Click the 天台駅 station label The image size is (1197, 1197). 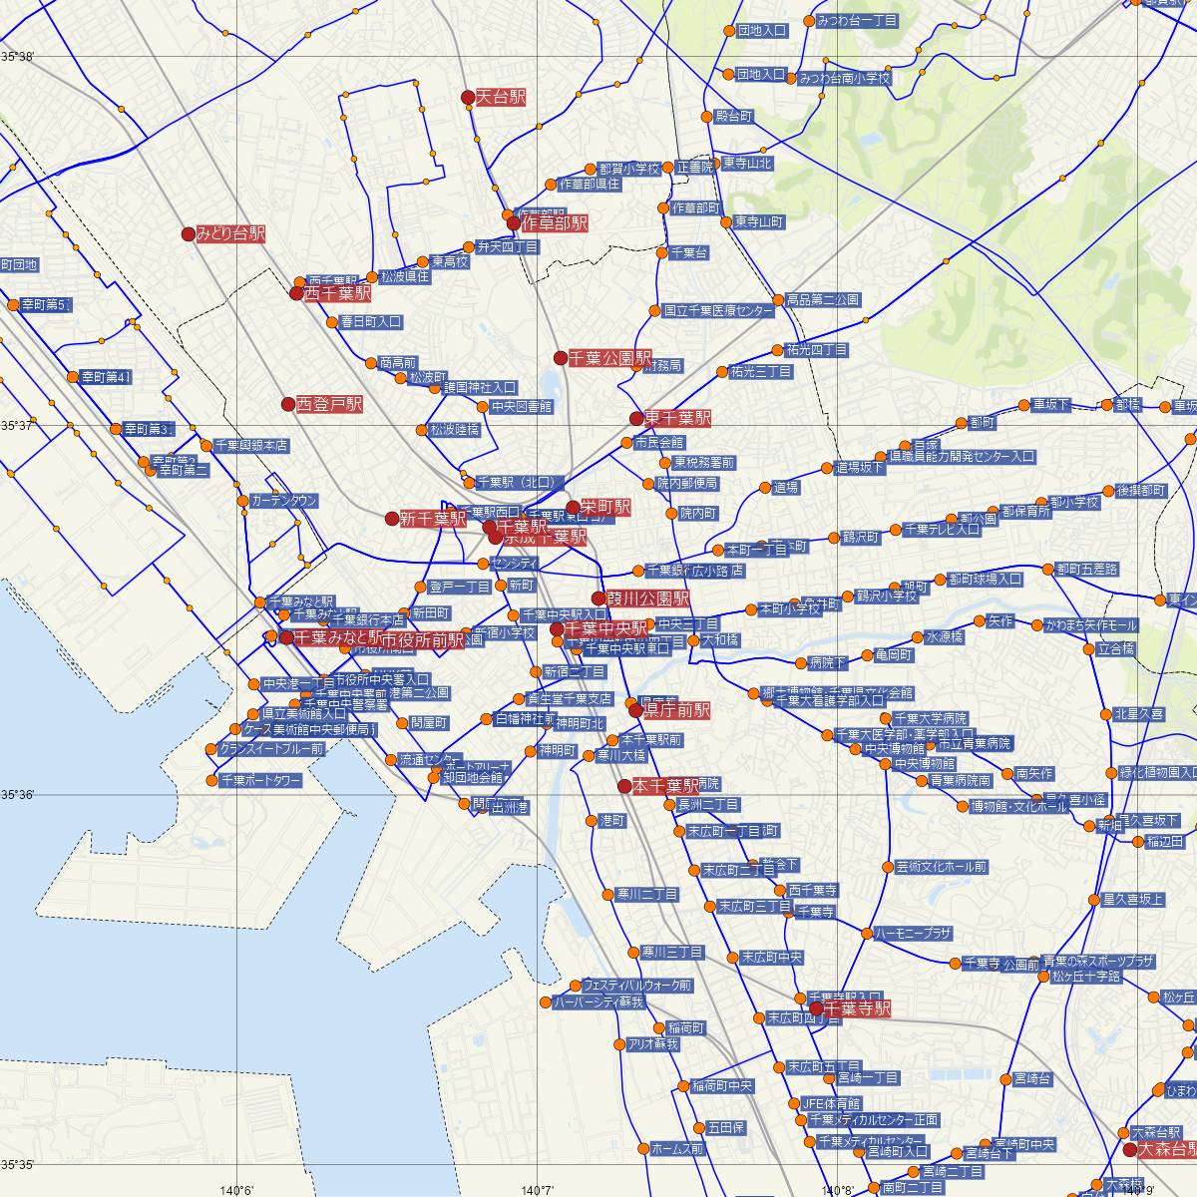[x=500, y=97]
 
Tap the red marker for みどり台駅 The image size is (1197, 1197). [x=188, y=234]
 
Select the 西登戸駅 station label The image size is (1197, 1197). [x=328, y=404]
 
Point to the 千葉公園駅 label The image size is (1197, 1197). [x=609, y=357]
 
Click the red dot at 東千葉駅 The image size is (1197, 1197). [x=636, y=418]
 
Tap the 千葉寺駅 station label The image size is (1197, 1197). [x=857, y=1008]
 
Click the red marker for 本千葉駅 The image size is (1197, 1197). [x=624, y=786]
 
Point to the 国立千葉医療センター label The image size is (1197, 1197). [x=718, y=311]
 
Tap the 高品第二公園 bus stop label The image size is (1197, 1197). [x=822, y=299]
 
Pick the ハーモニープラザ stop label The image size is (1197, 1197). [x=914, y=934]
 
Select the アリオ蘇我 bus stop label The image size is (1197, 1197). [x=652, y=1044]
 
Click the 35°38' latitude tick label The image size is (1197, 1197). [x=17, y=57]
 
